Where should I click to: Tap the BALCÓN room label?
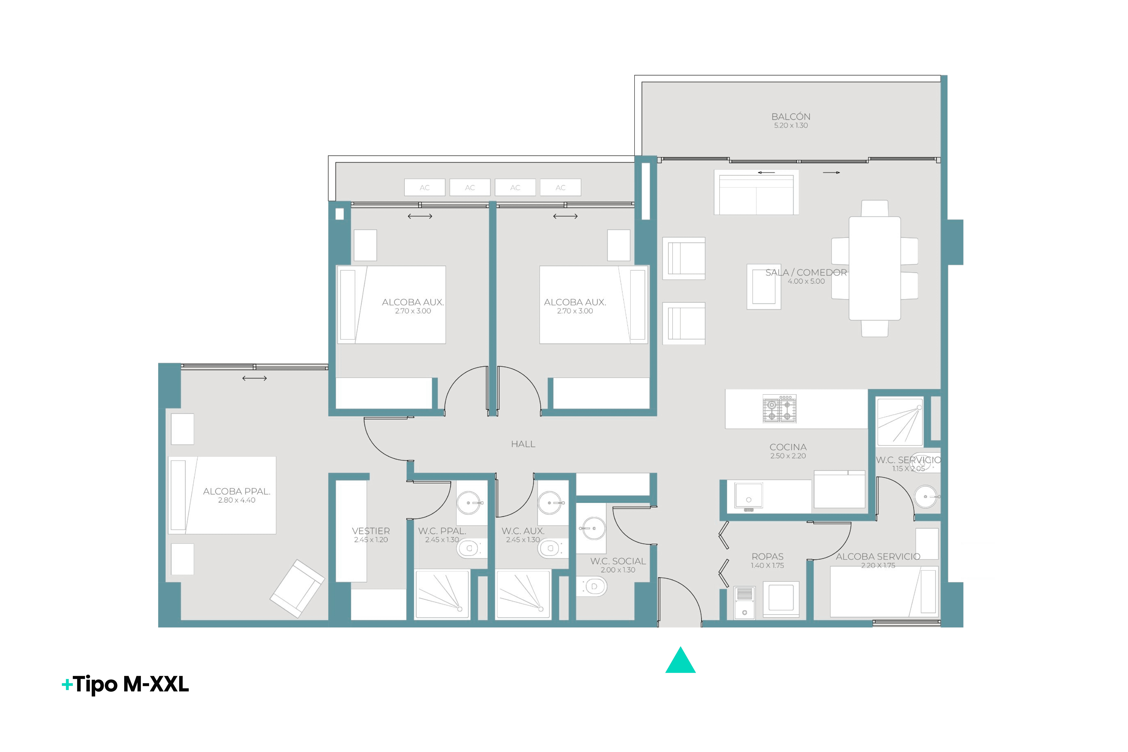coord(791,116)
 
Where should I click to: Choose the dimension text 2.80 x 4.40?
coord(237,500)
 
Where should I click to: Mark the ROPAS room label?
coord(768,556)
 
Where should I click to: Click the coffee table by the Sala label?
coord(764,287)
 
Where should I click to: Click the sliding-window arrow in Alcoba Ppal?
coord(254,378)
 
